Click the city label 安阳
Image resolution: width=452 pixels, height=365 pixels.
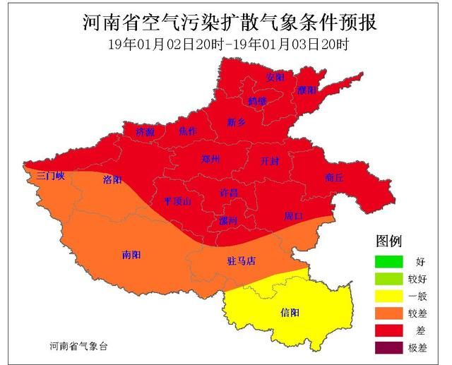click(275, 76)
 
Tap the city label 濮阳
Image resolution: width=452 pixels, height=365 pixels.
click(306, 90)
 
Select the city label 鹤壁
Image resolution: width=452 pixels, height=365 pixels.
click(257, 101)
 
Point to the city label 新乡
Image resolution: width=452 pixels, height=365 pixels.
click(236, 122)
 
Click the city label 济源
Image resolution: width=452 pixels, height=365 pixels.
click(145, 131)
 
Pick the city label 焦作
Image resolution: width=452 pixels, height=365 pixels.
click(188, 131)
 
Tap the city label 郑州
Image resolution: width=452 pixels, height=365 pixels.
click(211, 159)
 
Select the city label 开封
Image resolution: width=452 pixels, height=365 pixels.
click(270, 161)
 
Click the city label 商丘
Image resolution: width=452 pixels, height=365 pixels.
click(333, 178)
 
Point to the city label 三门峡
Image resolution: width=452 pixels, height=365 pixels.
click(51, 176)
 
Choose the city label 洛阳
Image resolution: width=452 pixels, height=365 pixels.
click(112, 179)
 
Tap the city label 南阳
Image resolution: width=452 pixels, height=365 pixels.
click(131, 254)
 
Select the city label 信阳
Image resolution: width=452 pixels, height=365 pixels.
click(290, 312)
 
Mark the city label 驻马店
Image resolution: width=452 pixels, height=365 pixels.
click(242, 261)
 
